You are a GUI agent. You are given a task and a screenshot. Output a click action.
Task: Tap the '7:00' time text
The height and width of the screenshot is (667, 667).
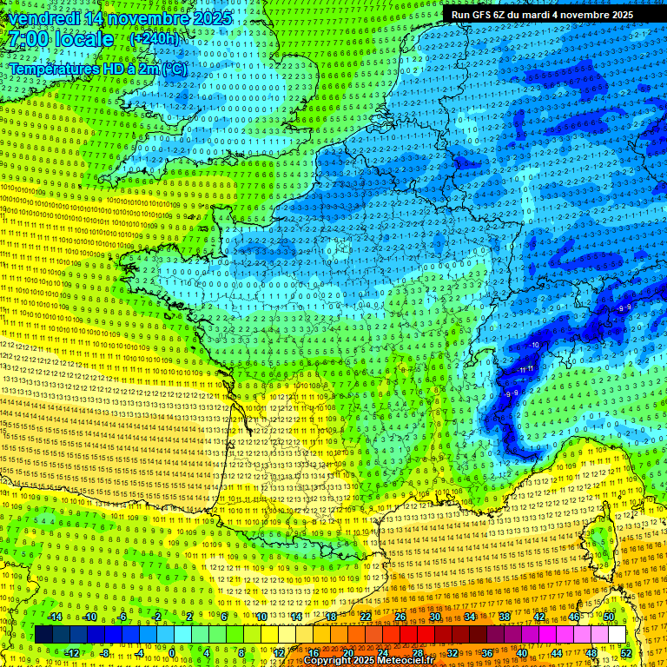[x=26, y=39]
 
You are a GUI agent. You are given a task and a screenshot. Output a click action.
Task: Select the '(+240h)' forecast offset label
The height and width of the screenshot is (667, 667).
[x=155, y=39]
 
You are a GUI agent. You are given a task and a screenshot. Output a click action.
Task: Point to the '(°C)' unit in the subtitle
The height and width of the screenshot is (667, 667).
[x=174, y=69]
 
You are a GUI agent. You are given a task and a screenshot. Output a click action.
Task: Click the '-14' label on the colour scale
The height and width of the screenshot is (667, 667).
[x=54, y=617]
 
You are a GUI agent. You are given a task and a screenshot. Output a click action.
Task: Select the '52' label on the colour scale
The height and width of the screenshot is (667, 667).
[x=627, y=653]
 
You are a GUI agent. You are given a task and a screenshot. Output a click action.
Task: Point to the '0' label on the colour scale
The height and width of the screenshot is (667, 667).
[x=172, y=653]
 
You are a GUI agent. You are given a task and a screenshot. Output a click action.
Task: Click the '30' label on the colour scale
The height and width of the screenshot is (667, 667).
[x=434, y=617]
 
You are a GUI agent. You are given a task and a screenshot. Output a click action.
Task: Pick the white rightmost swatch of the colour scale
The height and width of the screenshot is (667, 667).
[x=617, y=635]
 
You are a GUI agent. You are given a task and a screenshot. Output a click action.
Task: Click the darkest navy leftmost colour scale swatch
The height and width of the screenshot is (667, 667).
[x=43, y=635]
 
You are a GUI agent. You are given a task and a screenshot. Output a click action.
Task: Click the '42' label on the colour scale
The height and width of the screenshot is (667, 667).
[x=538, y=617]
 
